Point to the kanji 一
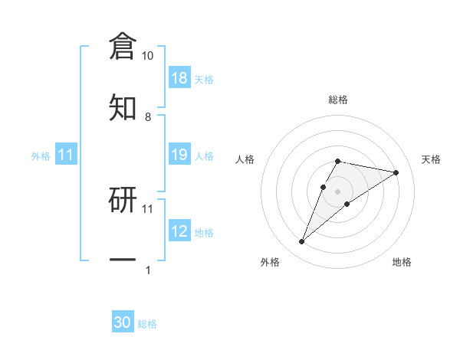pyautogui.click(x=123, y=260)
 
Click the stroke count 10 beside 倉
pyautogui.click(x=147, y=56)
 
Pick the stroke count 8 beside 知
pyautogui.click(x=147, y=116)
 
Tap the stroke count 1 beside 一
pyautogui.click(x=147, y=270)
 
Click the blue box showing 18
pyautogui.click(x=179, y=78)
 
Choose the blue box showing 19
pyautogui.click(x=179, y=155)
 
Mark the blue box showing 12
pyautogui.click(x=179, y=231)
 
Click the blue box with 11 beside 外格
pyautogui.click(x=66, y=155)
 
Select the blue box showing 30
pyautogui.click(x=123, y=322)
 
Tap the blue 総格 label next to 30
pyautogui.click(x=147, y=324)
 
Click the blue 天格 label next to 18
pyautogui.click(x=204, y=80)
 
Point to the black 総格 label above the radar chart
pyautogui.click(x=337, y=100)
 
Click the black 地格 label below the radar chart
pyautogui.click(x=402, y=262)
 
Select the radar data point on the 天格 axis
pyautogui.click(x=396, y=172)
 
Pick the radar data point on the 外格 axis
pyautogui.click(x=302, y=242)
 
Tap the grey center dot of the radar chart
pyautogui.click(x=337, y=190)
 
